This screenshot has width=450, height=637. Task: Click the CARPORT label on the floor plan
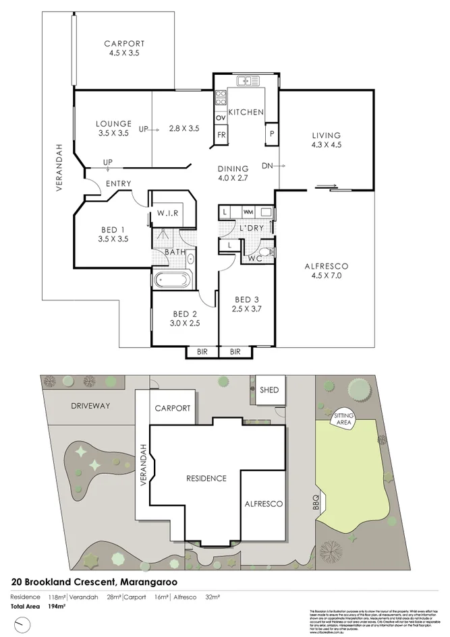tap(125, 44)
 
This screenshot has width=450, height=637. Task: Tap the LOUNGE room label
tap(113, 123)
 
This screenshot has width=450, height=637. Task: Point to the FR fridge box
tap(221, 135)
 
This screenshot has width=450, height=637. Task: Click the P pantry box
tap(271, 133)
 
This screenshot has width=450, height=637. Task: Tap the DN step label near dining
tap(267, 165)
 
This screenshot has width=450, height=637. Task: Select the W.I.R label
tap(167, 214)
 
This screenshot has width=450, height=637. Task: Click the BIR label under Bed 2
tap(202, 352)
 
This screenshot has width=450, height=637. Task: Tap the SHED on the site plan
tap(269, 390)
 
